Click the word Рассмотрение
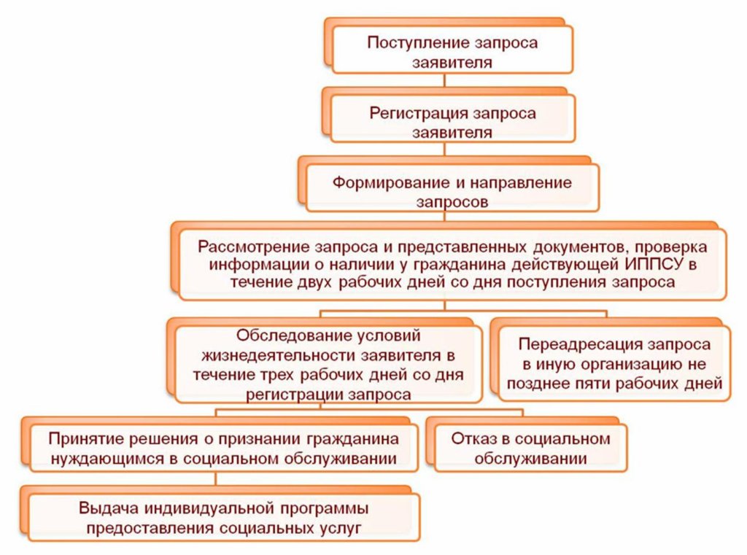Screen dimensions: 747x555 pyautogui.click(x=253, y=247)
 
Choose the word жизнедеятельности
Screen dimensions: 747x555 pyautogui.click(x=280, y=355)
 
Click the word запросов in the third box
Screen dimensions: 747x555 pyautogui.click(x=452, y=203)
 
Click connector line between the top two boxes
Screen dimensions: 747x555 pyautogui.click(x=445, y=80)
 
